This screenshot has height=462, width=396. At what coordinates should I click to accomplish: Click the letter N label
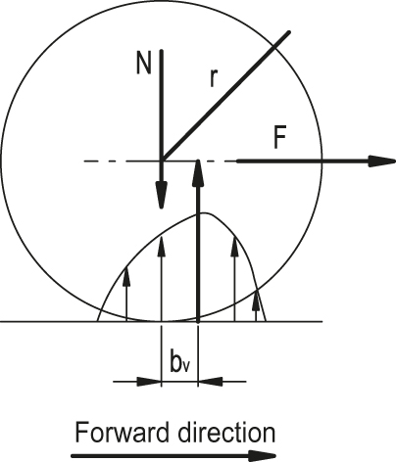pyautogui.click(x=144, y=64)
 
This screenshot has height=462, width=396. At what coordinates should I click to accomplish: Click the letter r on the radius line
pyautogui.click(x=213, y=79)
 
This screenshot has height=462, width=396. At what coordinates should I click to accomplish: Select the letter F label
pyautogui.click(x=280, y=138)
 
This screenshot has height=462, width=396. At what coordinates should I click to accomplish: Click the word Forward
pyautogui.click(x=124, y=433)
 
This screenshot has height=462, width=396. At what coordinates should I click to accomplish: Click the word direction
pyautogui.click(x=226, y=433)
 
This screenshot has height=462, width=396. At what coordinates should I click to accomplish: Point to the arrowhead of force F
pyautogui.click(x=381, y=162)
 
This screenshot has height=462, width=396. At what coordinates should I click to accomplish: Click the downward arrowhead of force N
pyautogui.click(x=162, y=195)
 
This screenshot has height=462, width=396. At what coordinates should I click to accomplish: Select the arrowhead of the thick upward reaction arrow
pyautogui.click(x=198, y=173)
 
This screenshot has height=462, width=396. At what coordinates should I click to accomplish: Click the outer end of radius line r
pyautogui.click(x=288, y=32)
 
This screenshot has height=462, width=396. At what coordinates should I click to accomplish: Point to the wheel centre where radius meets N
pyautogui.click(x=162, y=161)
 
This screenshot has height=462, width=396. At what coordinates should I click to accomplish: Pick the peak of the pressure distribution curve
pyautogui.click(x=204, y=213)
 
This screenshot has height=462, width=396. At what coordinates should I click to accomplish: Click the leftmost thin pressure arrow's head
pyautogui.click(x=126, y=277)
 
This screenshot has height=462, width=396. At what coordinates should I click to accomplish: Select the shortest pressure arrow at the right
pyautogui.click(x=257, y=305)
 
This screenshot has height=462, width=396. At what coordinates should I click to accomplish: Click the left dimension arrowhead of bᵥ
pyautogui.click(x=149, y=382)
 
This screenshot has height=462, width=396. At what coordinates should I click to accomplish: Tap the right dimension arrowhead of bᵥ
pyautogui.click(x=211, y=382)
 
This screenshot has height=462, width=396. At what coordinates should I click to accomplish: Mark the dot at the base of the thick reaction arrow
pyautogui.click(x=198, y=321)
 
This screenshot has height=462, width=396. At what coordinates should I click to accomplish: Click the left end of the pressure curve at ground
pyautogui.click(x=98, y=321)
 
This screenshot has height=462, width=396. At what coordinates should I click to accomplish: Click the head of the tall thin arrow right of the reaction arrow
pyautogui.click(x=234, y=247)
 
